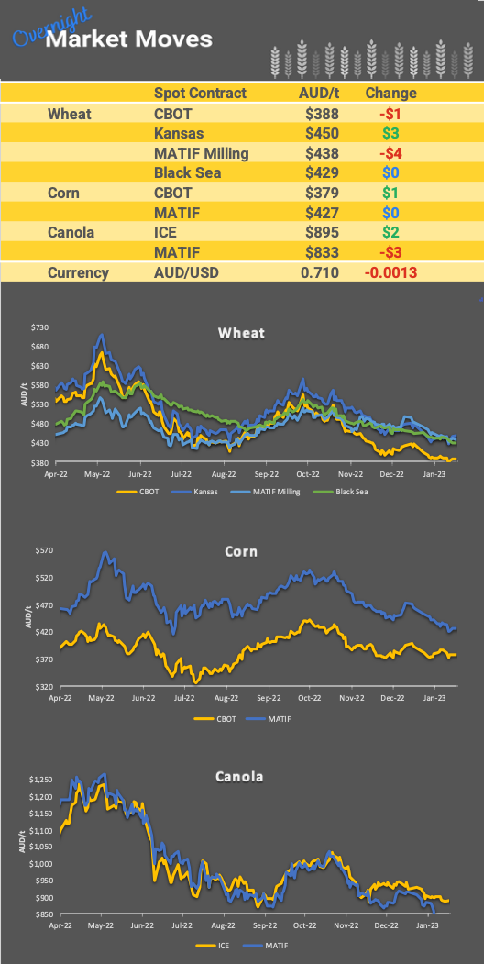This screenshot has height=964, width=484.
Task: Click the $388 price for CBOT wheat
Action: [x=323, y=114]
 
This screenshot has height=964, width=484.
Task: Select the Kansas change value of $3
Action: [x=390, y=133]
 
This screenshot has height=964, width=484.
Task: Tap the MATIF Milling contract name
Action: [x=201, y=153]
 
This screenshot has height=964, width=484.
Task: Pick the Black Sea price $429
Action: [x=323, y=173]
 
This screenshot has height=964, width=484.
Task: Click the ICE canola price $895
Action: [x=323, y=232]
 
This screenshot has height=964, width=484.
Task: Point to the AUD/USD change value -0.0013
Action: [x=390, y=272]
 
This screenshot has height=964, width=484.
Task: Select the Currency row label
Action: [x=78, y=272]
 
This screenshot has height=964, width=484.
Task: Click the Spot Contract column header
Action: [x=200, y=93]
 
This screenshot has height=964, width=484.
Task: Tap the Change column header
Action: [x=390, y=93]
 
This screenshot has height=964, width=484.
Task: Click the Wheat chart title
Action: [x=241, y=333]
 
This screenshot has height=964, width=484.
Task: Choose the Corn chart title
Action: [x=241, y=552]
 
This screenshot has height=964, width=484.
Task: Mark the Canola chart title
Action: [x=239, y=777]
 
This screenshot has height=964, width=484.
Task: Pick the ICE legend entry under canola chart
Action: [x=220, y=944]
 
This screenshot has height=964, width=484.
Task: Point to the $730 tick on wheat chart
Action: [x=39, y=327]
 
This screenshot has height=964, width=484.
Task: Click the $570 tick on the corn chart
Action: [x=42, y=550]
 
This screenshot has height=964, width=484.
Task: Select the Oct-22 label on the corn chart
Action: [x=307, y=697]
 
